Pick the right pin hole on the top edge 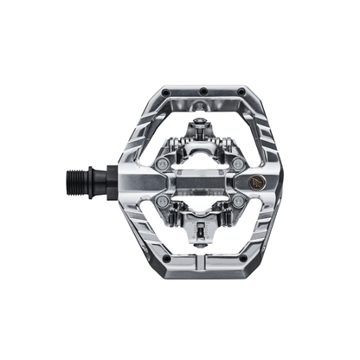238,90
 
